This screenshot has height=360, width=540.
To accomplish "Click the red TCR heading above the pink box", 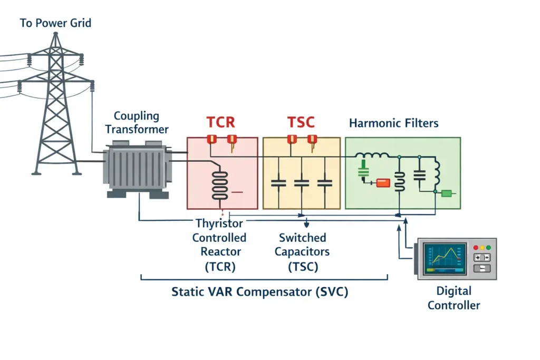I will [x=220, y=123].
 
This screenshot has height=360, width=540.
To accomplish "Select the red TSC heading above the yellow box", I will [x=301, y=123].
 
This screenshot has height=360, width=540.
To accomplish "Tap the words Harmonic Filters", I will [x=393, y=124].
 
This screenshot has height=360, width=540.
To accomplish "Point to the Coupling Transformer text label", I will [x=137, y=122].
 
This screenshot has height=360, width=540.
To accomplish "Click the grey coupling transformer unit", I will [x=137, y=169].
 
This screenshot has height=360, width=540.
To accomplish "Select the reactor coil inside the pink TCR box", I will [x=219, y=184].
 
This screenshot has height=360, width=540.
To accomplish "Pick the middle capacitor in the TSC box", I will [x=301, y=183].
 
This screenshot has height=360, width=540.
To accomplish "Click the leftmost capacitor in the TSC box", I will [x=278, y=183].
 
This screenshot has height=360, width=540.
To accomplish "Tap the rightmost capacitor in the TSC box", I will [x=324, y=183].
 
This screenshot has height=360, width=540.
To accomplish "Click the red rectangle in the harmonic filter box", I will [x=382, y=183].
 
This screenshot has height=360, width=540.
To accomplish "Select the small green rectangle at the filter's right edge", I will [x=447, y=193].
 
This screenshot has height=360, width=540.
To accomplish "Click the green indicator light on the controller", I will [x=488, y=247].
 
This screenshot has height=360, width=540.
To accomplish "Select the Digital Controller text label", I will [x=454, y=298].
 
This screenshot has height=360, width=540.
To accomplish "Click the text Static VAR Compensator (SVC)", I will [x=260, y=291].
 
